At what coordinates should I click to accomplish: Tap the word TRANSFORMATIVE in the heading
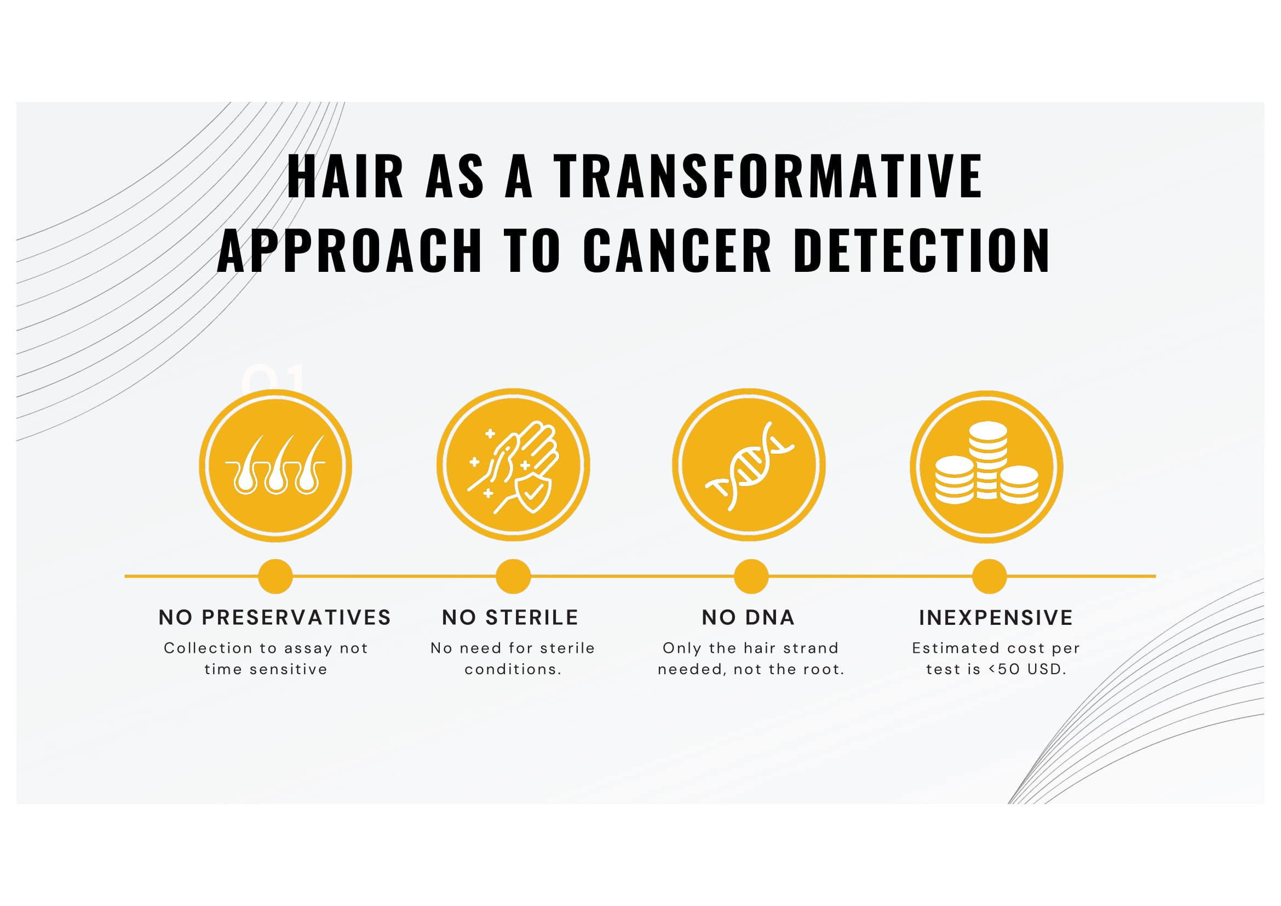[x=768, y=176]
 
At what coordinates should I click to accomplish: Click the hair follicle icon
[x=275, y=465]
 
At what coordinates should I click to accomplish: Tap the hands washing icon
[x=513, y=466]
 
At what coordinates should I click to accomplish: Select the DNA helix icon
[x=749, y=466]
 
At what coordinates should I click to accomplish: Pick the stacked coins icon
[x=986, y=463]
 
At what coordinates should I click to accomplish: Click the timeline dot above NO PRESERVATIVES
[x=275, y=576]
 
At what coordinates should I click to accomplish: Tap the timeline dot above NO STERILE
[x=513, y=576]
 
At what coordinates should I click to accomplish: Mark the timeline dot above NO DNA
[x=751, y=576]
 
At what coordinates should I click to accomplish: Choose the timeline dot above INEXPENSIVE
[x=989, y=576]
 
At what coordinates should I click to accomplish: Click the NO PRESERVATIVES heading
[x=275, y=617]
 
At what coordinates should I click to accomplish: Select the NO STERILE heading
[x=510, y=617]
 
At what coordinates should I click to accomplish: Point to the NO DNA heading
[x=748, y=617]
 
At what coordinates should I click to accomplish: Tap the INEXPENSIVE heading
[x=996, y=617]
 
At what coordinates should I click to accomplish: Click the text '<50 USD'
[x=1025, y=669]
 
